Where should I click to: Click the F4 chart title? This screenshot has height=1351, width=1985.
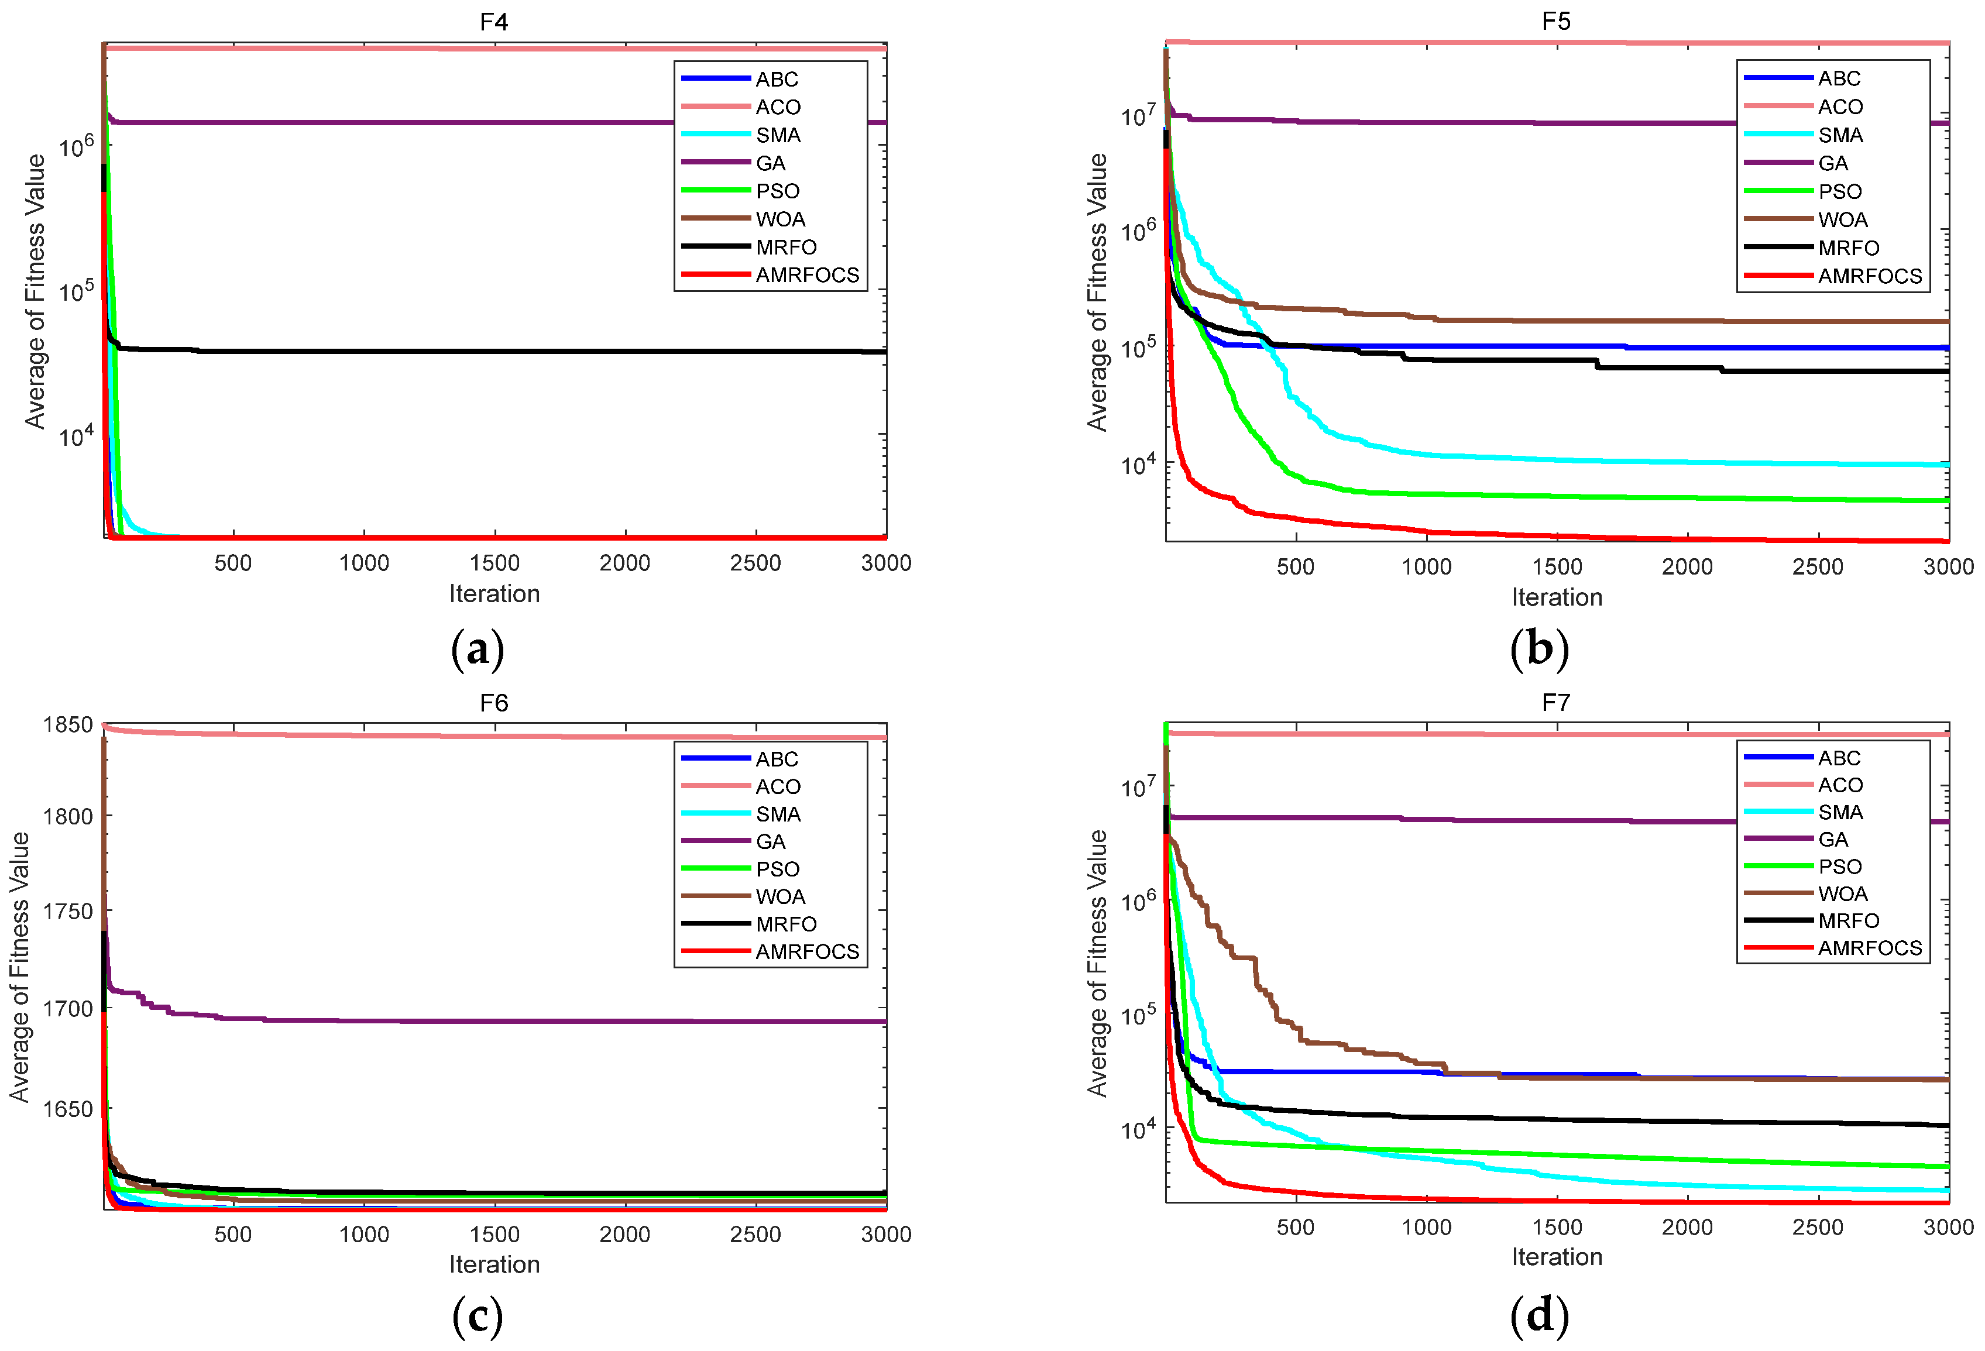(494, 21)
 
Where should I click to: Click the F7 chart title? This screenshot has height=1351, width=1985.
(1555, 702)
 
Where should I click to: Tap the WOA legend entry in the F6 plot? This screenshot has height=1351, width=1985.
(780, 897)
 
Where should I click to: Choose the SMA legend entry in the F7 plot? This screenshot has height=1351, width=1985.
(1840, 812)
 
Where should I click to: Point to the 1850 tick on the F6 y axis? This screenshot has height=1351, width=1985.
(67, 724)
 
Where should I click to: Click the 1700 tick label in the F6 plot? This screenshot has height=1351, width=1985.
(67, 1009)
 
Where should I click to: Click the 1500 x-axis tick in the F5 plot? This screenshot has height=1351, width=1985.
(1556, 566)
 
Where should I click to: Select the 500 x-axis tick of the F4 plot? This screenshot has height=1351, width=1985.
(233, 563)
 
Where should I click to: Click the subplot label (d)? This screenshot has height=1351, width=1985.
(1539, 1315)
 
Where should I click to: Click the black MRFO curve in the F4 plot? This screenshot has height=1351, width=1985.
(513, 351)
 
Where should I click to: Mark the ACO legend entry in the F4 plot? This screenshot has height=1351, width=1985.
(777, 106)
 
